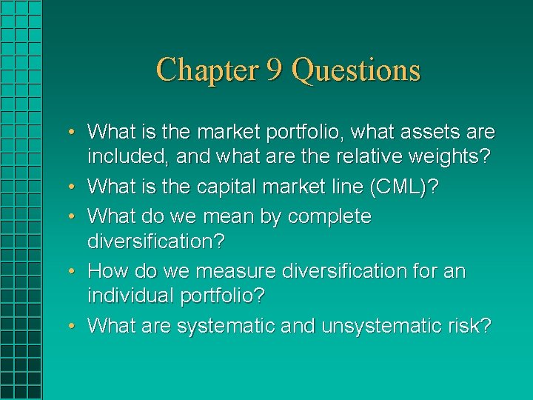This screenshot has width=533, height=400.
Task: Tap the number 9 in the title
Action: (272, 70)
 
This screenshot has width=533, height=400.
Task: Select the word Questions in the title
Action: (356, 70)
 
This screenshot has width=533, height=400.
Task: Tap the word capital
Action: (232, 187)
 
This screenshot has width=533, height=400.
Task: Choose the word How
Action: (106, 272)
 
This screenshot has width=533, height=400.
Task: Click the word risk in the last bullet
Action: (474, 327)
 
